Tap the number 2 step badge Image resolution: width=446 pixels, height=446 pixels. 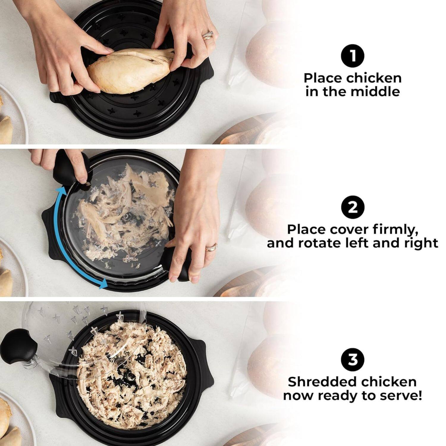[352, 207]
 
